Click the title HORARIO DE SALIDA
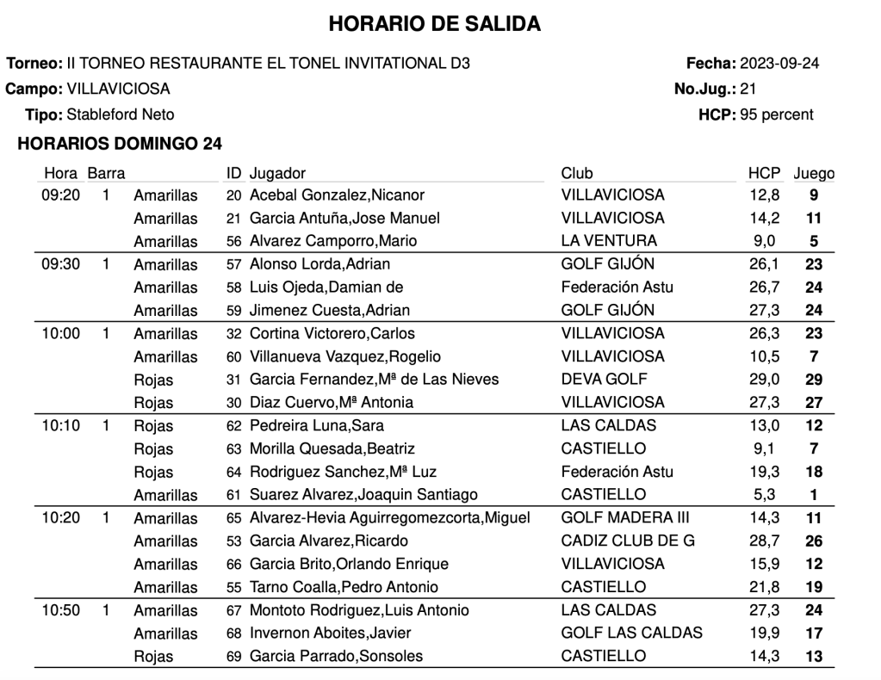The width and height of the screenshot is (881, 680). [x=435, y=25]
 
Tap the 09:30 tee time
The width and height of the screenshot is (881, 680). [x=61, y=264]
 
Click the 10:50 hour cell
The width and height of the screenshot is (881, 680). [x=61, y=610]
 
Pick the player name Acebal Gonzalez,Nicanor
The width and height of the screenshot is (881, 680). [x=337, y=195]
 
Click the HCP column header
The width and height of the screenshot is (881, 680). [x=764, y=173]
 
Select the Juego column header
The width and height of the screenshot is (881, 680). [x=813, y=173]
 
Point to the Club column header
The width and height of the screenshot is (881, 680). [x=576, y=173]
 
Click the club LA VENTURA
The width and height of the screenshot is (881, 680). [x=608, y=241]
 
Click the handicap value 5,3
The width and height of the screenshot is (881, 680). [x=764, y=495]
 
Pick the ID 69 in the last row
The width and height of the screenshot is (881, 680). [x=233, y=657]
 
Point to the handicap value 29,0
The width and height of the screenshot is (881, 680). [x=764, y=380]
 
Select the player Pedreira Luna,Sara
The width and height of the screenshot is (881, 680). [x=316, y=426]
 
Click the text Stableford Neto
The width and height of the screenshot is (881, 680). [x=121, y=114]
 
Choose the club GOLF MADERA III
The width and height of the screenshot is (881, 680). [x=624, y=518]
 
